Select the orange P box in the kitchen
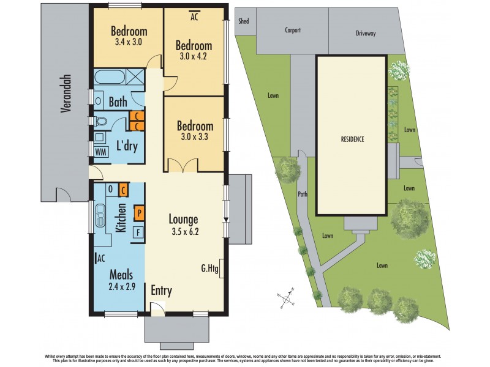coord(139,213)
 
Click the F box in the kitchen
coord(139,232)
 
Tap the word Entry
coord(162,291)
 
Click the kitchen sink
coord(99,215)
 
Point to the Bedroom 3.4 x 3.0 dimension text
coord(129,43)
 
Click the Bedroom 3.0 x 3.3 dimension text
coord(195,138)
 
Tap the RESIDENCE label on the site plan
coord(352,139)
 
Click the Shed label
coord(243,21)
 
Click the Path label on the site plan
coord(302,195)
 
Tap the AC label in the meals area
coord(100,259)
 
